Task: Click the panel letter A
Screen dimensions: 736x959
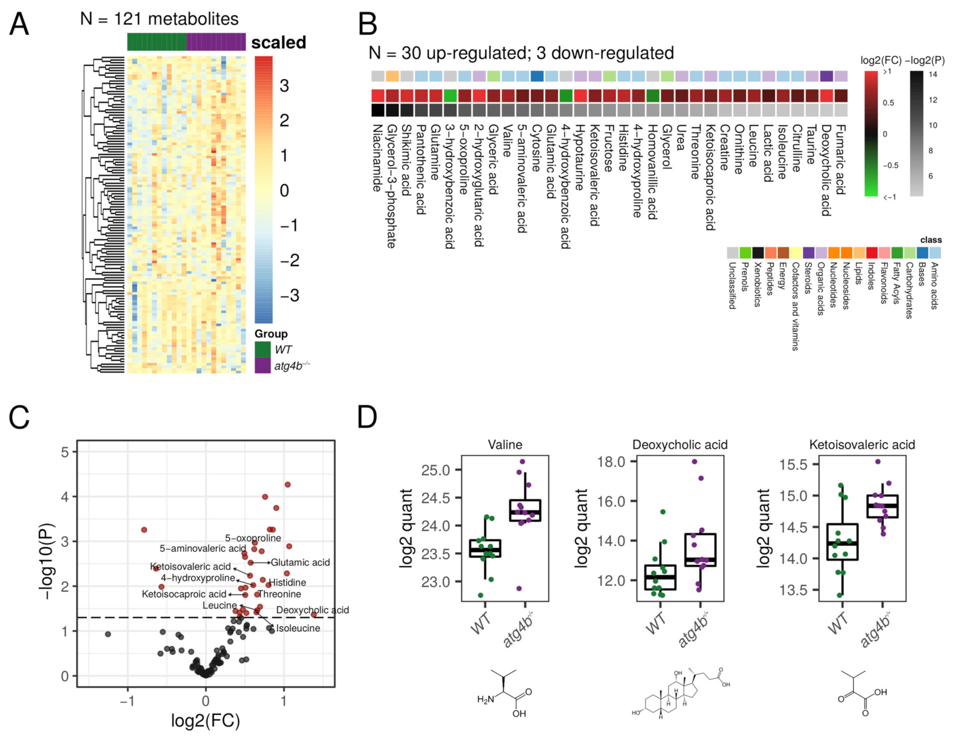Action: pyautogui.click(x=20, y=24)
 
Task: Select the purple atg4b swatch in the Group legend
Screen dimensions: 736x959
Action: pyautogui.click(x=263, y=366)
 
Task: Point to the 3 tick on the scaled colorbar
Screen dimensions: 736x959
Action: pyautogui.click(x=284, y=86)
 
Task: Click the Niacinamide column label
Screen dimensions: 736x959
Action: pyautogui.click(x=377, y=158)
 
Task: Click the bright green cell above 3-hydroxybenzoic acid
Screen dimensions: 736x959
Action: pyautogui.click(x=450, y=95)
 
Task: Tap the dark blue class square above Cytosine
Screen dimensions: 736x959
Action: pyautogui.click(x=537, y=76)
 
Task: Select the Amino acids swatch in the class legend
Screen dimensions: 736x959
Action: pyautogui.click(x=935, y=253)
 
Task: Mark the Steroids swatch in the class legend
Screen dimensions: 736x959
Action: pyautogui.click(x=808, y=253)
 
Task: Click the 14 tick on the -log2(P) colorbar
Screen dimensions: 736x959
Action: pyautogui.click(x=932, y=74)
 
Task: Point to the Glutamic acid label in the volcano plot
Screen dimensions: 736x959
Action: pyautogui.click(x=300, y=563)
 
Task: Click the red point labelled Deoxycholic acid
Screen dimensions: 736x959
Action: pyautogui.click(x=313, y=615)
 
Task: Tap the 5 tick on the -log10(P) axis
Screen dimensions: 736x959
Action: pyautogui.click(x=66, y=452)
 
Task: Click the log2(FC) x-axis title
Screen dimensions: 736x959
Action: pyautogui.click(x=205, y=721)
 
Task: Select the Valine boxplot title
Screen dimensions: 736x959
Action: pyautogui.click(x=505, y=445)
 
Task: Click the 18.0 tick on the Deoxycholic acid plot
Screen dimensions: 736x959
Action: pyautogui.click(x=612, y=462)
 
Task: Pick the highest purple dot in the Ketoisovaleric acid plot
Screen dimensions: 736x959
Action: pyautogui.click(x=878, y=462)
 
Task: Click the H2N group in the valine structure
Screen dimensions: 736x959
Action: pyautogui.click(x=485, y=700)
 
